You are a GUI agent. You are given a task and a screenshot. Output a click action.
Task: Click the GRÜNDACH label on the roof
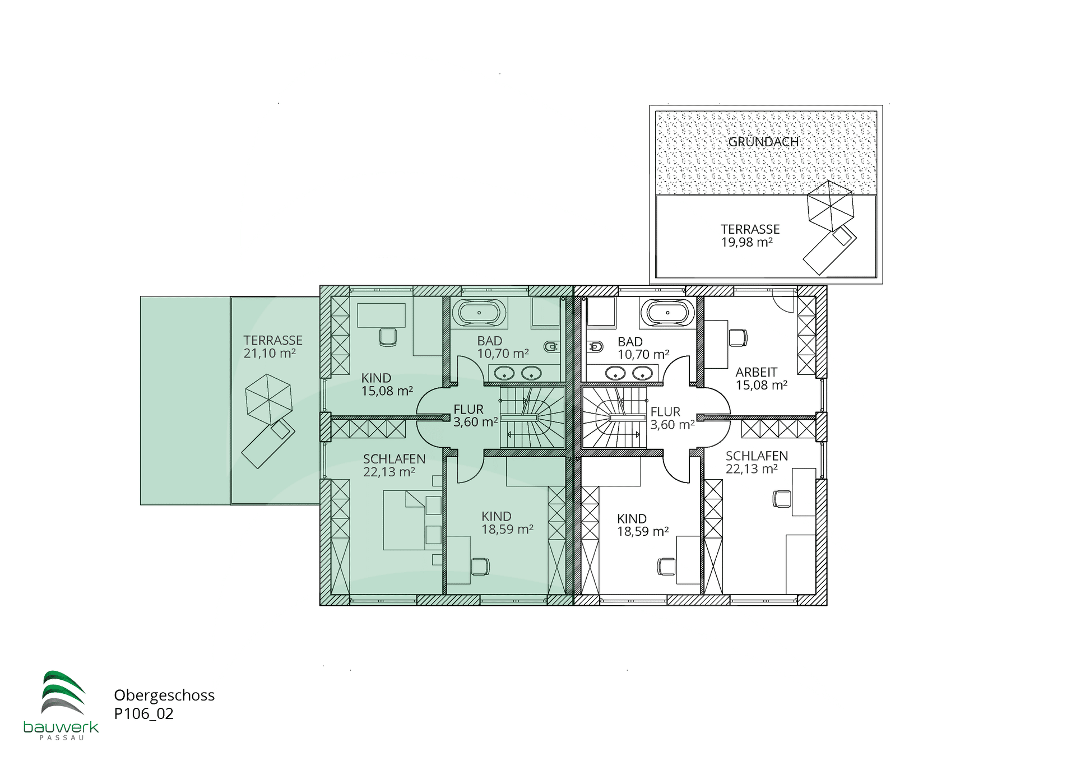(x=763, y=142)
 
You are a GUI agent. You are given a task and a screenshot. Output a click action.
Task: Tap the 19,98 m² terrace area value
(x=746, y=242)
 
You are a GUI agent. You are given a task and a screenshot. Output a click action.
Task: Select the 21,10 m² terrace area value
(x=270, y=353)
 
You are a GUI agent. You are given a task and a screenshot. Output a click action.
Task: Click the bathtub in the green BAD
(x=479, y=313)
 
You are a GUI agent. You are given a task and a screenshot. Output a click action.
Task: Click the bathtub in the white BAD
(x=667, y=313)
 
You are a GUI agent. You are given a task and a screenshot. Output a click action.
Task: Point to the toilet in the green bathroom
(x=551, y=347)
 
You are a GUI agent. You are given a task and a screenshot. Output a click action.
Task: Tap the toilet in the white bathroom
(x=595, y=347)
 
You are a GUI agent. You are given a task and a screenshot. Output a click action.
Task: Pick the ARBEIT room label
(x=757, y=372)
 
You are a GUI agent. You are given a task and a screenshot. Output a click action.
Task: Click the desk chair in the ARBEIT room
(x=738, y=338)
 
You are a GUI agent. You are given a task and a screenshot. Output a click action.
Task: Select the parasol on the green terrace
(x=268, y=400)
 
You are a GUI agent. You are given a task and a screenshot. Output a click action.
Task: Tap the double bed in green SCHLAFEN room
(x=405, y=520)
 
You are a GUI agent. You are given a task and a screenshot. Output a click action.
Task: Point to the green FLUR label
(x=469, y=410)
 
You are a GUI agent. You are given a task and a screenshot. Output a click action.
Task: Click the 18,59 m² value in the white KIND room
(x=643, y=531)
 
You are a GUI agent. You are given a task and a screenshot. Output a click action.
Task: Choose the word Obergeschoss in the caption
(x=164, y=695)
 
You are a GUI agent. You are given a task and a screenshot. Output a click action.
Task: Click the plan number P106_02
(x=143, y=713)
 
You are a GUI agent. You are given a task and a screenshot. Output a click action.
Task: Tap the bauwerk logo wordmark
(x=61, y=727)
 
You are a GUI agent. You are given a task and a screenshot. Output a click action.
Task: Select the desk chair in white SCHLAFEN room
(x=782, y=498)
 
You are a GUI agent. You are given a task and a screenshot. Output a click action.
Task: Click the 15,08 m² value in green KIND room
(x=387, y=391)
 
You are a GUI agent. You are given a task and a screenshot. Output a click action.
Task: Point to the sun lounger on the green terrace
(x=268, y=443)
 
